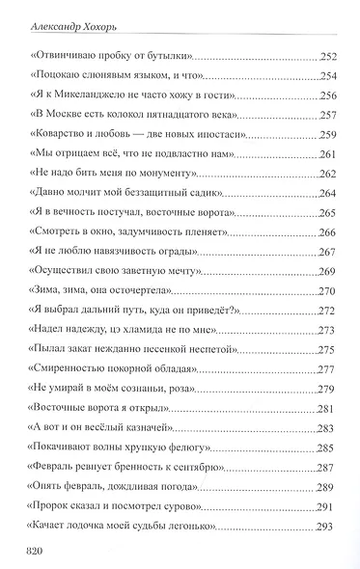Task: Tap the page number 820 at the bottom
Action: (42, 553)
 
